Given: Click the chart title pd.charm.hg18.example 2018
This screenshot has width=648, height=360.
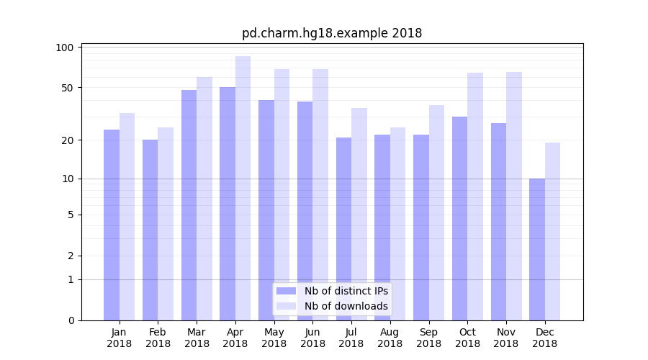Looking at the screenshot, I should pos(332,33).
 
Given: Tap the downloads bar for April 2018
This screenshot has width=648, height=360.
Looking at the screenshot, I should pos(243,188).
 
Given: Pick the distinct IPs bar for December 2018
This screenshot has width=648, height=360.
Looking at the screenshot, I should pos(537,249).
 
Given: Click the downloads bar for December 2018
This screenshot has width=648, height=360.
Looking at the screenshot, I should pos(552,231).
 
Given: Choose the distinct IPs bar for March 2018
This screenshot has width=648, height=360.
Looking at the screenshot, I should pos(189,205).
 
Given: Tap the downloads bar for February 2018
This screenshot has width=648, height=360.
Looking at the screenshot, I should pos(166,224).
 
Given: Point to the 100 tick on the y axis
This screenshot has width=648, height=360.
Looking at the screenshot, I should pos(66,48).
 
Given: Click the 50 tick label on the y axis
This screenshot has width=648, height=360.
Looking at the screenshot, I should pos(68,88).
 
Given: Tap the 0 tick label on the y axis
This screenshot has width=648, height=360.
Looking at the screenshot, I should pos(71,320).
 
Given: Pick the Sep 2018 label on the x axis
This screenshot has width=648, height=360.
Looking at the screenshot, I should pos(428,338).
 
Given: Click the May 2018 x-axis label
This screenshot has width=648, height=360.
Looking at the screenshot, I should pos(274,338).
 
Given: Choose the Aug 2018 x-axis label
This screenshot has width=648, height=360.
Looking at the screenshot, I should pos(390,338).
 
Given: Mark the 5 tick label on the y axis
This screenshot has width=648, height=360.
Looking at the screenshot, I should pos(71,215).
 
